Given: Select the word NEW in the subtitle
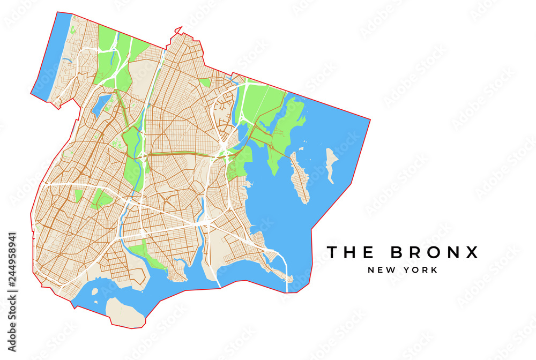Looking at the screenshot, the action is coord(380,270).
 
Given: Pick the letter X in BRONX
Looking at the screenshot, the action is coord(472,252).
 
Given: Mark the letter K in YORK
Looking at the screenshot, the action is coord(434,270).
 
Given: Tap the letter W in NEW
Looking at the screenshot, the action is coord(390,270).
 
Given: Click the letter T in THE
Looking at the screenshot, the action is coord(332,252).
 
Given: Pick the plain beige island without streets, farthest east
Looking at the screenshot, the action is coord(332,163).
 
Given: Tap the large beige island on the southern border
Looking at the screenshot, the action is coord(125,312).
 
